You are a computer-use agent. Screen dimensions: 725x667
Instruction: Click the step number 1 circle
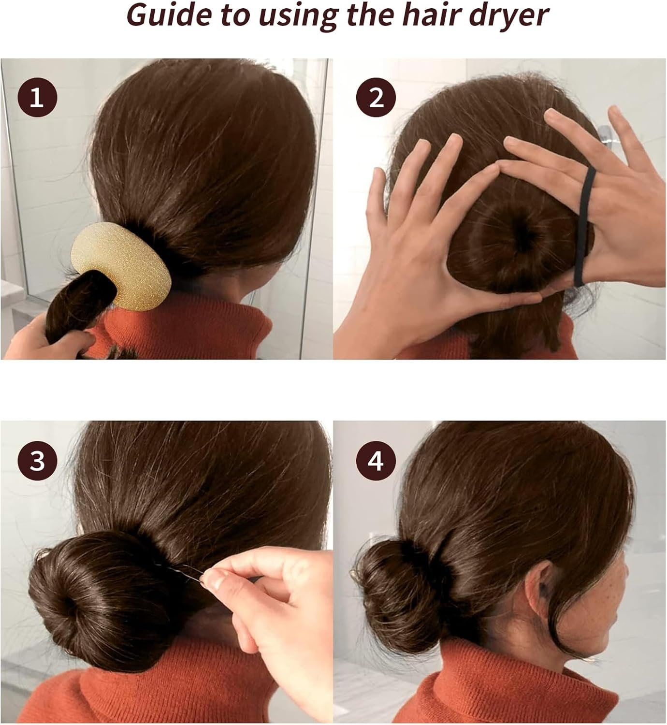tap(37, 98)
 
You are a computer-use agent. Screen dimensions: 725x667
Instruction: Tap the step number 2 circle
tap(376, 98)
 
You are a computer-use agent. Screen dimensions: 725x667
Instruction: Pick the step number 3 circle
tap(37, 460)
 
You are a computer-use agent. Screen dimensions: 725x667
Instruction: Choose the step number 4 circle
tap(376, 460)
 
